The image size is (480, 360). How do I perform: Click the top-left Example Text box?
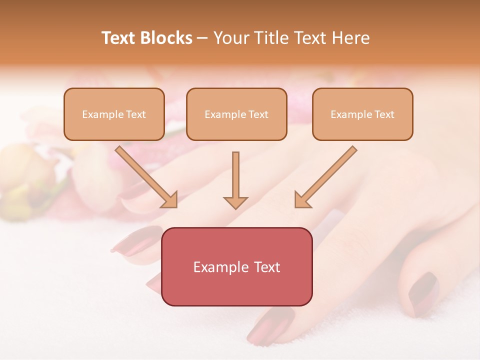(114, 114)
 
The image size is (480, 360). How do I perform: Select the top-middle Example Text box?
(236, 114)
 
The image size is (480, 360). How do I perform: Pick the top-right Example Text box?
(362, 114)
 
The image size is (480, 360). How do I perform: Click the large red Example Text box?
(236, 266)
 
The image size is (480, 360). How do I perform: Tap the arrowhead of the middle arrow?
(235, 201)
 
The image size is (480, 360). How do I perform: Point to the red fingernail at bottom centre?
(270, 325)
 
